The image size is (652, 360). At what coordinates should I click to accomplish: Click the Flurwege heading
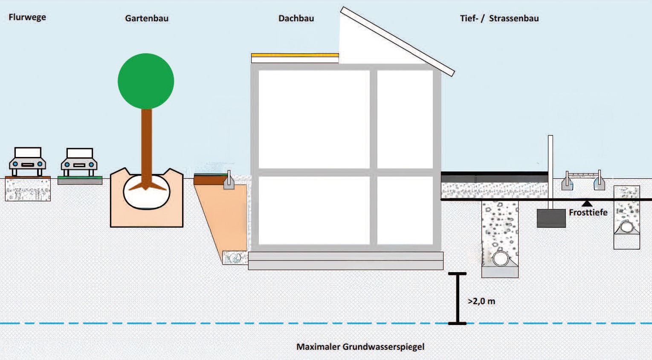click(x=27, y=17)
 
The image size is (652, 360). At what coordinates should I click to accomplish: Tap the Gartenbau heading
click(x=147, y=18)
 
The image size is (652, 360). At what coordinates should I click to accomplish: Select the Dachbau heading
click(x=296, y=18)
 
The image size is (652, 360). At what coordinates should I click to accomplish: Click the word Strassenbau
click(x=513, y=18)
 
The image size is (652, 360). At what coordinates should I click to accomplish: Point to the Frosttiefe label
click(x=588, y=212)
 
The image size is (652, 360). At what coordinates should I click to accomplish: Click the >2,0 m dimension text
click(x=481, y=301)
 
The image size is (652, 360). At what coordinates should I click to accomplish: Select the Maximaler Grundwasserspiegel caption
click(x=360, y=347)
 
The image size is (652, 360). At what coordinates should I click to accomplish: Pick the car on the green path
click(x=79, y=162)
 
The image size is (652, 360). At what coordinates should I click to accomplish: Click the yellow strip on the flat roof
click(x=295, y=55)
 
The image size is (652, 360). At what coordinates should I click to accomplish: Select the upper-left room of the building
click(x=314, y=119)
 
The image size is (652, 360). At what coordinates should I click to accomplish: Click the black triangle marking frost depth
click(x=587, y=204)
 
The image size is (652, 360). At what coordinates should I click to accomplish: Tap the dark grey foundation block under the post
click(x=551, y=218)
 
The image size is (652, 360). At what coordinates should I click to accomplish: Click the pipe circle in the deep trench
click(x=501, y=258)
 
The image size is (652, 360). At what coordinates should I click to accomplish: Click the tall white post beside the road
click(x=551, y=171)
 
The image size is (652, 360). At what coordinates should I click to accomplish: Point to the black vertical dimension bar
click(x=458, y=299)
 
